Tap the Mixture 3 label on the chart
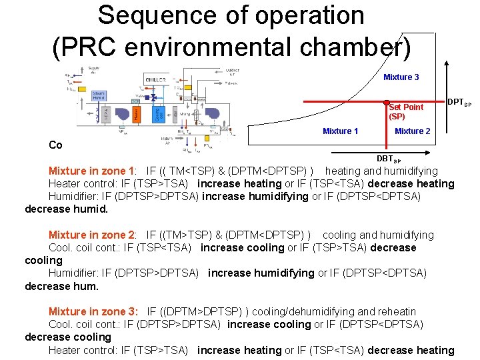401,77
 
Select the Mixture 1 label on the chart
340,131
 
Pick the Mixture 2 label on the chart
412,131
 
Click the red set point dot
386,103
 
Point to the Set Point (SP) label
405,111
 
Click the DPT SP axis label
459,103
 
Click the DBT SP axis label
389,159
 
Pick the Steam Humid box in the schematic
99,95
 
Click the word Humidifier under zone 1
73,196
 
